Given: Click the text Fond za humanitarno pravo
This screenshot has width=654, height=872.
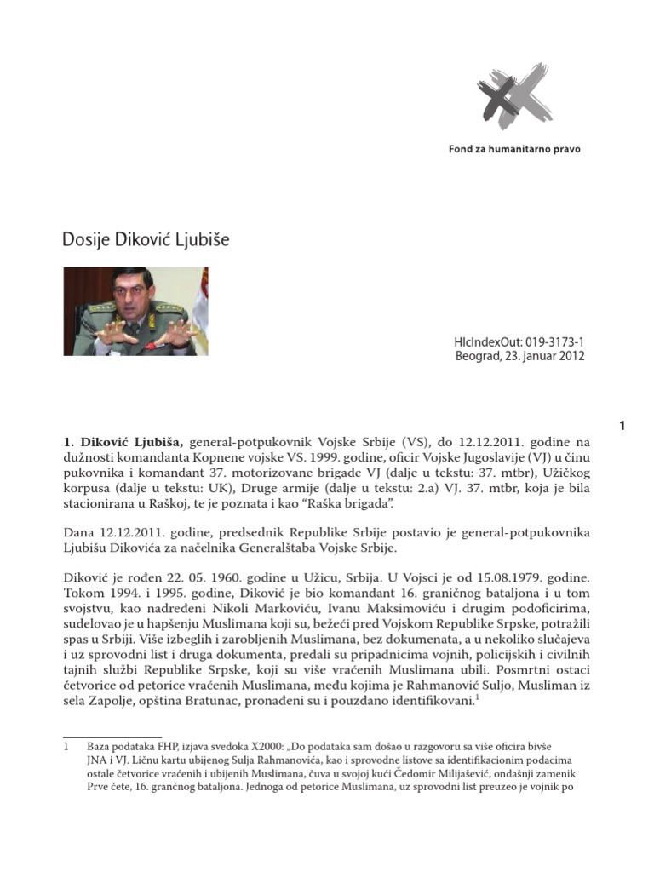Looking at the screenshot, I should click(515, 149).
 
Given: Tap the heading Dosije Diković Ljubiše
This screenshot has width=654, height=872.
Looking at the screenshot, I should click(146, 240).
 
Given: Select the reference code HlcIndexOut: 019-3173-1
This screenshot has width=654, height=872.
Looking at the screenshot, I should click(519, 341).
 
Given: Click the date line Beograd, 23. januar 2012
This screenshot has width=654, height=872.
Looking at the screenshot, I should click(519, 356).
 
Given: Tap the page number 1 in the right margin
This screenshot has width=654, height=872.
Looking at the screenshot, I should click(622, 425).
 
